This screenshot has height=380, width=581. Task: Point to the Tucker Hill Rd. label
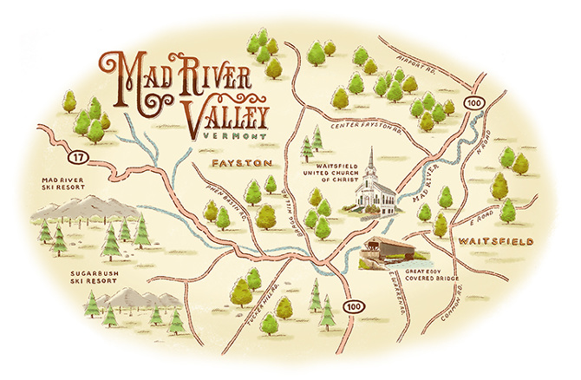pyautogui.click(x=263, y=299)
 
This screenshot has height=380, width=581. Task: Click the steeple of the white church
pyautogui.click(x=371, y=160)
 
